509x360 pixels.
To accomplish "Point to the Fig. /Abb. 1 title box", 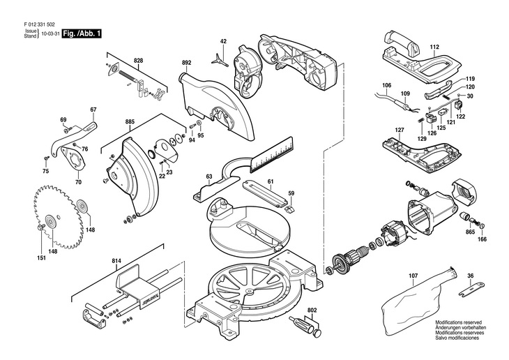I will tap(81, 33).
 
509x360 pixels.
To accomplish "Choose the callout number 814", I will tap(116, 261).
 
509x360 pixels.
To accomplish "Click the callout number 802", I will tap(312, 290).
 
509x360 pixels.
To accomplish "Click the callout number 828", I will tap(138, 61).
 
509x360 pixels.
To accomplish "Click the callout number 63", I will tap(208, 178).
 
